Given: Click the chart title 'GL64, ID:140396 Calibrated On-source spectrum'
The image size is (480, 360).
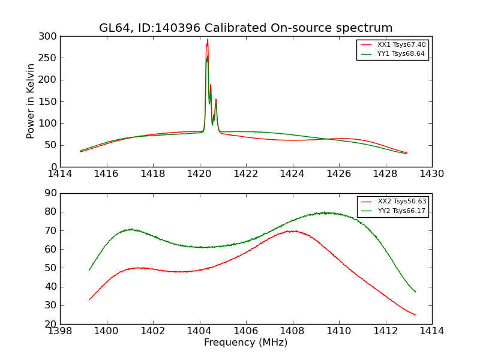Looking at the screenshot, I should click(x=245, y=28).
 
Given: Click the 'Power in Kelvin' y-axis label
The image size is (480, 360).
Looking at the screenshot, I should click(x=31, y=101).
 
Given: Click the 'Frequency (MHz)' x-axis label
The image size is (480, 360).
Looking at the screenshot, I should click(x=245, y=343).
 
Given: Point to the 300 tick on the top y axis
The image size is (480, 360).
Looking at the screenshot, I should click(x=50, y=37).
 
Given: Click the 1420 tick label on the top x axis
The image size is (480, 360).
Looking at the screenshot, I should click(x=199, y=174).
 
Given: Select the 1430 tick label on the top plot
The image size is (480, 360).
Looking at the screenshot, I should click(x=431, y=174).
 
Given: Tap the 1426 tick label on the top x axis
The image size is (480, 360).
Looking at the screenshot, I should click(x=338, y=174).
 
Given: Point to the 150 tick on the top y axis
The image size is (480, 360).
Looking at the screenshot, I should click(x=50, y=101).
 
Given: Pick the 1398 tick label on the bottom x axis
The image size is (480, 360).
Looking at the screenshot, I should click(x=61, y=331).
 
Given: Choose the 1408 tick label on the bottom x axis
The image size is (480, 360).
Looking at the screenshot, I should click(x=292, y=331).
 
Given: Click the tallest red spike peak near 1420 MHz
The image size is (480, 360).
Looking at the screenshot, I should click(x=208, y=40).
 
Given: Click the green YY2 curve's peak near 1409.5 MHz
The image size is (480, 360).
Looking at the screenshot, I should click(x=325, y=212).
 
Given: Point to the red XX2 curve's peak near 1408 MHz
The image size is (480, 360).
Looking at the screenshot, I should click(x=293, y=230).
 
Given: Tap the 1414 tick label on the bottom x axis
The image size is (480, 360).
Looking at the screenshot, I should click(x=431, y=331).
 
